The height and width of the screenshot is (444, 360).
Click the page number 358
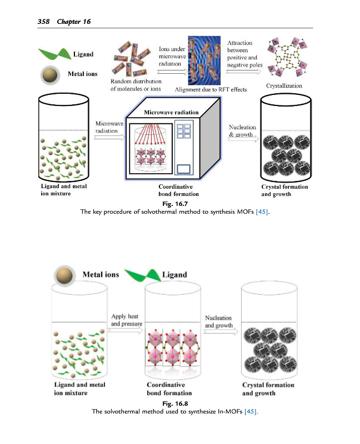click(43, 22)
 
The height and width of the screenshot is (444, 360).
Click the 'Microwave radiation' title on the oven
click(171, 112)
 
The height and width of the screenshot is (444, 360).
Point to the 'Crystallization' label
click(284, 86)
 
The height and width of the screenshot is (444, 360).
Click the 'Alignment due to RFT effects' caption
click(211, 89)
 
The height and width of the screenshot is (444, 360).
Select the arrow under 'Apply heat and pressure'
click(126, 329)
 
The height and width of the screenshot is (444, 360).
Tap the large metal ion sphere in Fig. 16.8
click(66, 276)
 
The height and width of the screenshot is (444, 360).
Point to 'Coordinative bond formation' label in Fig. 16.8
click(169, 389)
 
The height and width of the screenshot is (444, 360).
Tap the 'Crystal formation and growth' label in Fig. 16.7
click(284, 190)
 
